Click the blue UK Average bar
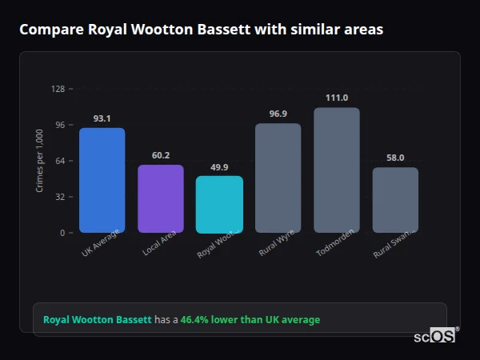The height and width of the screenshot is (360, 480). pos(102,180)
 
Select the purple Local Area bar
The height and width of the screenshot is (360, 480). pos(161,198)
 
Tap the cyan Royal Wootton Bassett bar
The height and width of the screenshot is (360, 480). pos(219,204)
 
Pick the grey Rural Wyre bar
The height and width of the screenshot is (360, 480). pos(278,178)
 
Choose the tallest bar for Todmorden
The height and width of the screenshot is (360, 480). pos(337,170)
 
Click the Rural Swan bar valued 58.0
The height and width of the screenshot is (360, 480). pos(395,200)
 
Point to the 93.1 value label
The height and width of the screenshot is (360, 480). pos(102,118)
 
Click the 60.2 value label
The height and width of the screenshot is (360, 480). pos(161,155)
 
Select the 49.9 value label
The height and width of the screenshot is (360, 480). pos(219,167)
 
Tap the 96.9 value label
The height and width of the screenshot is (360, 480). pos(278,114)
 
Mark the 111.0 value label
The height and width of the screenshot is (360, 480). pos(337,98)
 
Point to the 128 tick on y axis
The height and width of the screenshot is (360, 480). pos(58,89)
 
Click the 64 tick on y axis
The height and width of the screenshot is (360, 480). pos(60,161)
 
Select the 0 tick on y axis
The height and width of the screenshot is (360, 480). pos(62,233)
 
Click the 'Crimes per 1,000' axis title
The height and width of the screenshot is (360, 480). pos(39,161)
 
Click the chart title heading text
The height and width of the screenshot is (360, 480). pos(201,30)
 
